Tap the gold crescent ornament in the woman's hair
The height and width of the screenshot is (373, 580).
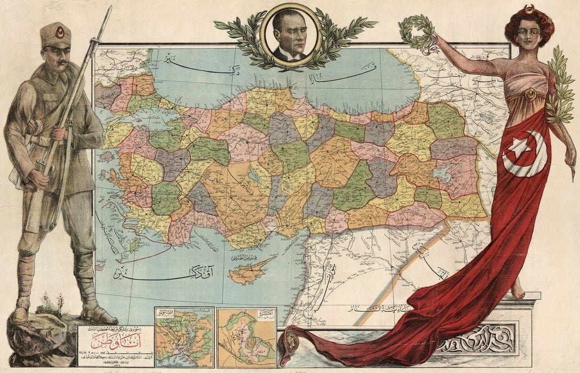(530, 10)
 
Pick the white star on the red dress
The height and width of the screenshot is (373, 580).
(518, 149)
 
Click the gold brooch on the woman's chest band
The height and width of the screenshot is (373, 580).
(531, 94)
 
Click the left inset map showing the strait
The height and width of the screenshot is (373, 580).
(184, 337)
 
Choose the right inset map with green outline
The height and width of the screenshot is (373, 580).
(246, 337)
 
